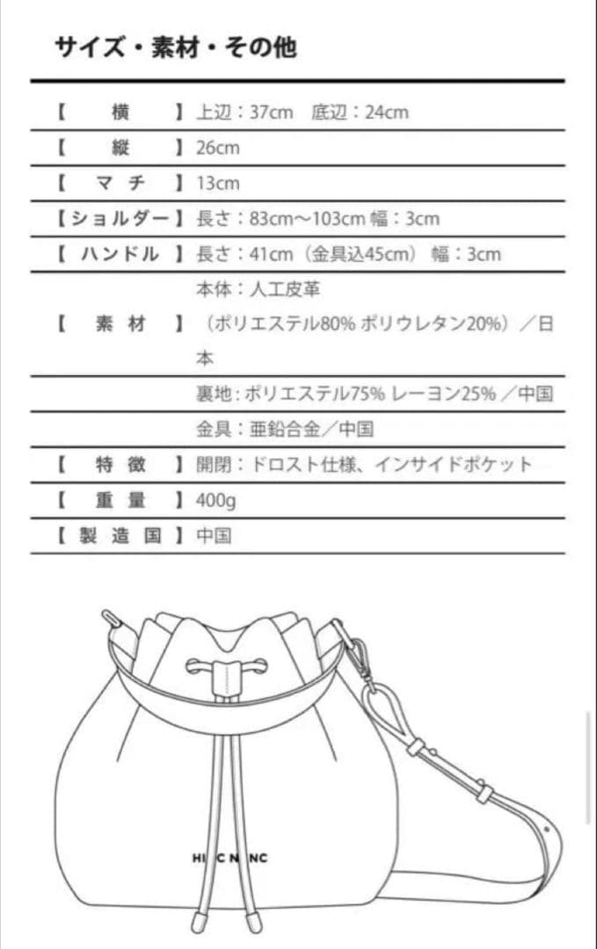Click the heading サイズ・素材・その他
[x=176, y=47]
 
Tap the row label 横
[x=120, y=112]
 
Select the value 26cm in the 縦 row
[x=217, y=148]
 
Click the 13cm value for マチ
[x=217, y=184]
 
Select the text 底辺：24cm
[x=360, y=112]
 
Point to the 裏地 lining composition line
[x=375, y=394]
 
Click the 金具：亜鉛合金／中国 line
[x=285, y=430]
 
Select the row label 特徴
[x=120, y=465]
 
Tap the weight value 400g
[x=215, y=501]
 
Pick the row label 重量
[x=120, y=501]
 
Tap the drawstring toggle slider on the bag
[x=227, y=677]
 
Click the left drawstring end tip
[x=200, y=923]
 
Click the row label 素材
[x=120, y=324]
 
